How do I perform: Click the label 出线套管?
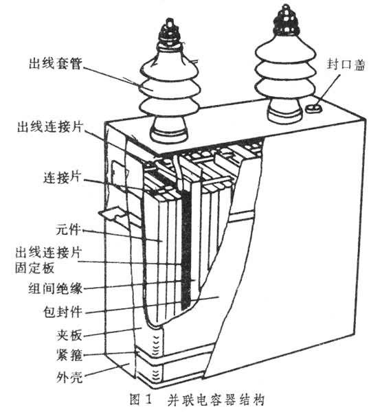pos(56,63)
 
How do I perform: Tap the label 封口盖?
pos(346,65)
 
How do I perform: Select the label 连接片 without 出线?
pos(62,178)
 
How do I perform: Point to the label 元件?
pos(68,229)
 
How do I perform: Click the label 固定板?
pos(34,268)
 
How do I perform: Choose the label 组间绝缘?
pos(56,288)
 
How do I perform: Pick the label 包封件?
pos(63,312)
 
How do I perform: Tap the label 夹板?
pos(69,335)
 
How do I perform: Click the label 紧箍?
pos(69,355)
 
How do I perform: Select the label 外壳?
pos(69,378)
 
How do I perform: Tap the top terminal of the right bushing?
pos(285,20)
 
